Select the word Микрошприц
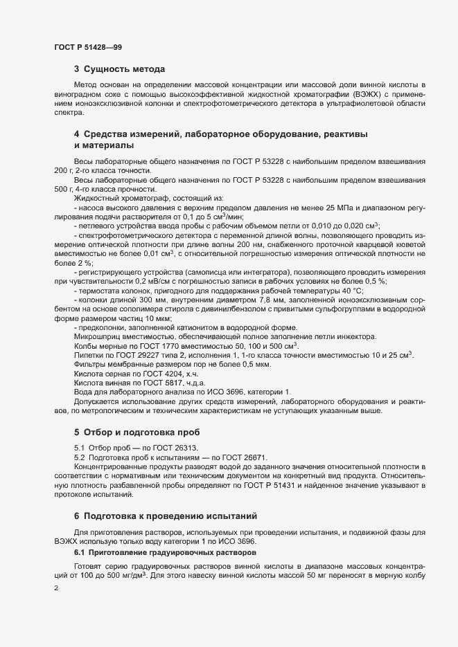[96, 336]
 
